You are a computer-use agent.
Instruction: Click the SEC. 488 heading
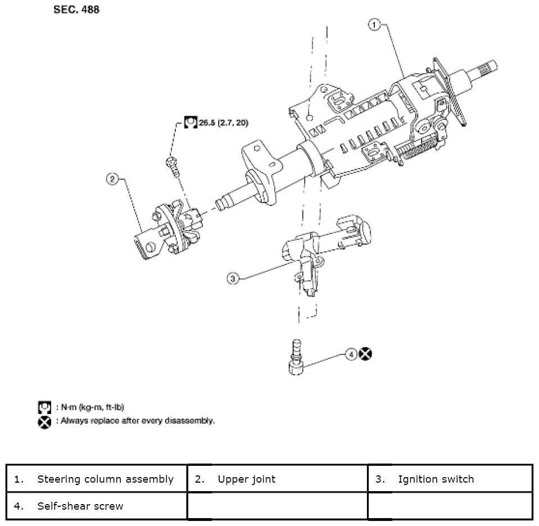(76, 10)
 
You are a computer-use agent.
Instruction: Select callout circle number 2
(112, 179)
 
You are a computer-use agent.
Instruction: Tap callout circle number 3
(233, 278)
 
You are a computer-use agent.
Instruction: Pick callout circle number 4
(351, 354)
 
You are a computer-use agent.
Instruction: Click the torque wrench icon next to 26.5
(191, 122)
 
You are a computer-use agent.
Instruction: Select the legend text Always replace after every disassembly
(135, 421)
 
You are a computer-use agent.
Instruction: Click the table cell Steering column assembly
(97, 479)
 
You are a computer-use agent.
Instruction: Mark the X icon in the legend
(44, 422)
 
